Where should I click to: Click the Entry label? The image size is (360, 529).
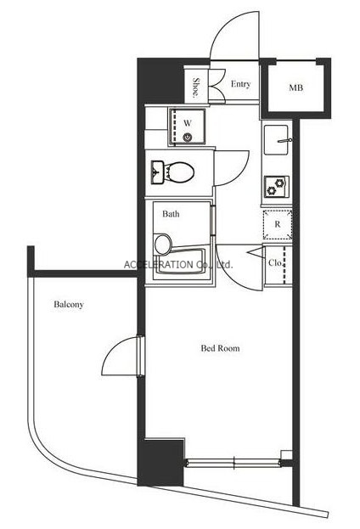pyautogui.click(x=240, y=84)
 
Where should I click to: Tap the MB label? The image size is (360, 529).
pyautogui.click(x=295, y=87)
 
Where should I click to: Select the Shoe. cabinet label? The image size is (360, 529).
pyautogui.click(x=195, y=87)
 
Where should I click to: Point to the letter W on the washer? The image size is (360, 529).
pyautogui.click(x=188, y=123)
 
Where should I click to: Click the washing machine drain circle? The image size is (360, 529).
pyautogui.click(x=188, y=137)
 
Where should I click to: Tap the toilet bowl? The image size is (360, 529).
pyautogui.click(x=179, y=172)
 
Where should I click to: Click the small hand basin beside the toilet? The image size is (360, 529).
pyautogui.click(x=157, y=172)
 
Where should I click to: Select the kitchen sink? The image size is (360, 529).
pyautogui.click(x=276, y=139)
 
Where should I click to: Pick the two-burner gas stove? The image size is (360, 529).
pyautogui.click(x=276, y=187)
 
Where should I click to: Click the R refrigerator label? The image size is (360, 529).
pyautogui.click(x=278, y=224)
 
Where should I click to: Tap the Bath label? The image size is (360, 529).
pyautogui.click(x=171, y=214)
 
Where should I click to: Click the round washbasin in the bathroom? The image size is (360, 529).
pyautogui.click(x=163, y=244)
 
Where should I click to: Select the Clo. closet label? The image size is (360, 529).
pyautogui.click(x=275, y=262)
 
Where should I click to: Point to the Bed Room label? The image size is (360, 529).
pyautogui.click(x=220, y=348)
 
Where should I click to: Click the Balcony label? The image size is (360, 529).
pyautogui.click(x=69, y=304)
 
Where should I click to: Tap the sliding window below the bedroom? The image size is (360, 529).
pyautogui.click(x=233, y=463)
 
